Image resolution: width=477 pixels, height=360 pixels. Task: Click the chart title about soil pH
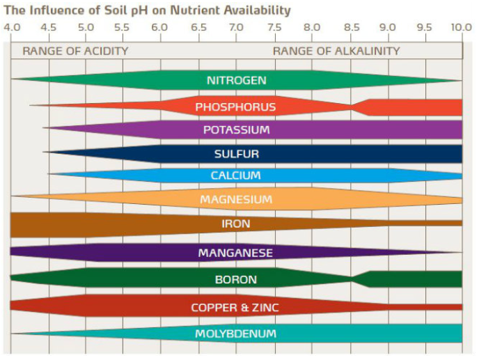(147, 10)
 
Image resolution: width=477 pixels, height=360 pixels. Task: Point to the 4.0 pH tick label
(12, 28)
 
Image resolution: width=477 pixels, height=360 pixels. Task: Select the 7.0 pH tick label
(236, 28)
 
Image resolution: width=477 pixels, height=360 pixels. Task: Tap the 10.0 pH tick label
(460, 28)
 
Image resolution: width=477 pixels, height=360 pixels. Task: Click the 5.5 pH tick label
(121, 28)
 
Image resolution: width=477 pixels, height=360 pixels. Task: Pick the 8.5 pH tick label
(352, 28)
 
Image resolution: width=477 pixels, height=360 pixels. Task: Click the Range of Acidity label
(75, 51)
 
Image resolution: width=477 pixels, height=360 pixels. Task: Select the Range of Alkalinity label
(336, 51)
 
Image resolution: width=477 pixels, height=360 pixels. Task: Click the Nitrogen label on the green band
(236, 80)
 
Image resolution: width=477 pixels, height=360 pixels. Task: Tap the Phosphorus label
(235, 107)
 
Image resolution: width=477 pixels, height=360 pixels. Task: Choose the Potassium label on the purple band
(236, 130)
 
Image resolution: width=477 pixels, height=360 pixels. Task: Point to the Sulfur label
(236, 154)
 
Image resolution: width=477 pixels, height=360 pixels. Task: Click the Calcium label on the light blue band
(236, 175)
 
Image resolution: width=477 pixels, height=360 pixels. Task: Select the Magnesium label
(236, 200)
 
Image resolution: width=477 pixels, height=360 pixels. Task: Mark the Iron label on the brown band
(236, 224)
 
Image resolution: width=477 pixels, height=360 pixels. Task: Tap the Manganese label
(235, 253)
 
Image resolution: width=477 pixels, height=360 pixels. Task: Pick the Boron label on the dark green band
(236, 279)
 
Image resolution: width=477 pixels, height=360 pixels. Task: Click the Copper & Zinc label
(235, 307)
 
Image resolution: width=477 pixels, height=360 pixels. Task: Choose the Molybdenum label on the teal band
(235, 334)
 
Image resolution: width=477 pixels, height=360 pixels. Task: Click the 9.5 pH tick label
(424, 28)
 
